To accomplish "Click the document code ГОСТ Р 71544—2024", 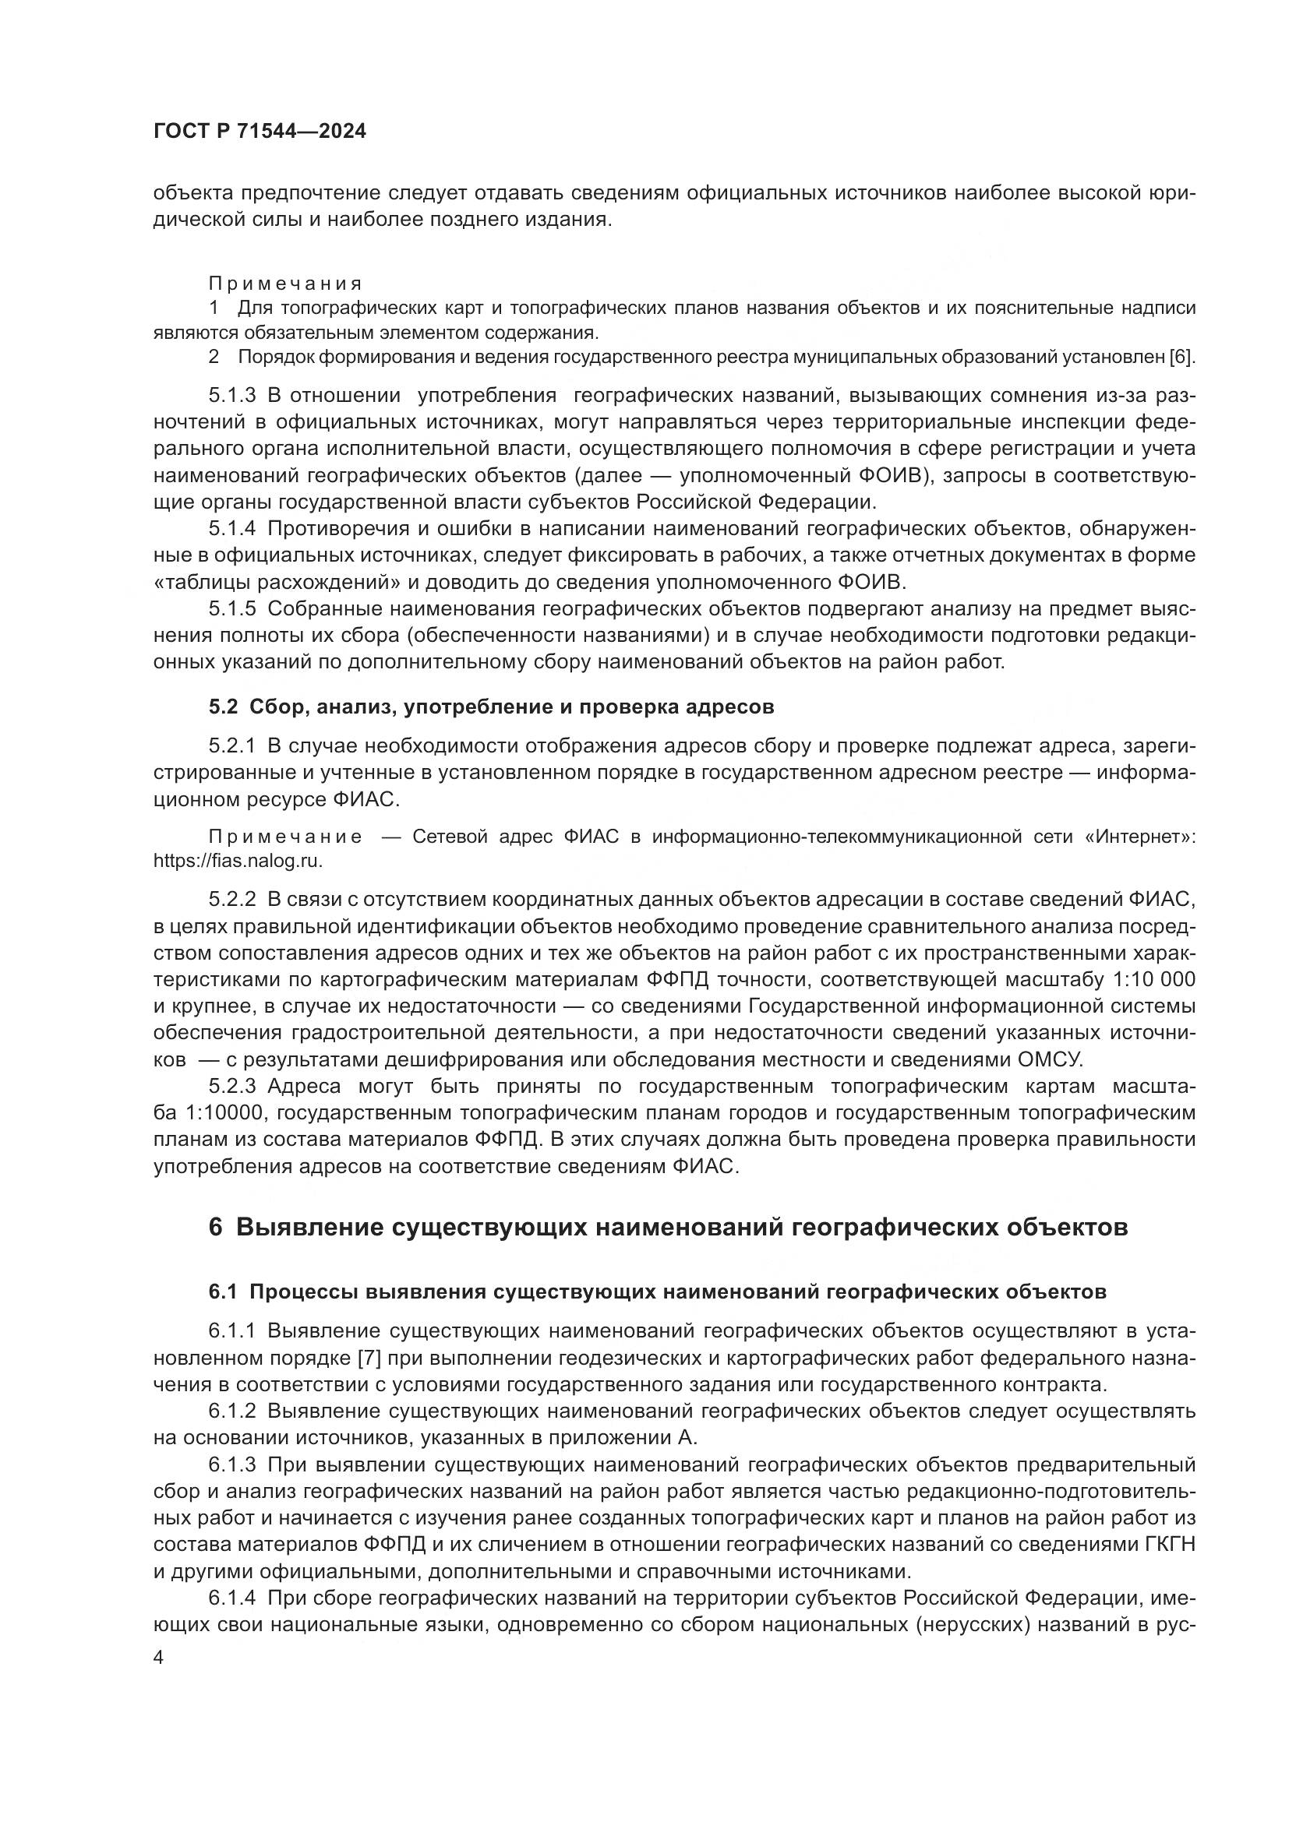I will [x=260, y=132].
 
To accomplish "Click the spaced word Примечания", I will [x=285, y=284].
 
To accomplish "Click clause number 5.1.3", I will [x=231, y=395].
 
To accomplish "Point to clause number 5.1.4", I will [x=231, y=528].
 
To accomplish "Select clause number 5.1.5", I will [x=231, y=608].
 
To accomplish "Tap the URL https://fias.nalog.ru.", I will [x=238, y=860].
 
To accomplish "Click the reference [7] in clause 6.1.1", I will [x=370, y=1358].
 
